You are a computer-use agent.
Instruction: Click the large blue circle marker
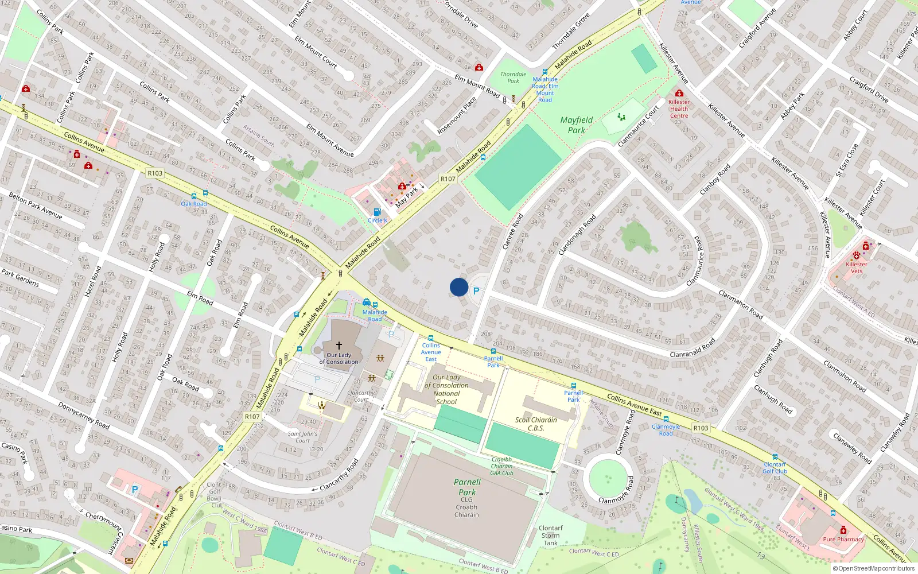[459, 287]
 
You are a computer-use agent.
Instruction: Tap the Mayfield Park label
[577, 125]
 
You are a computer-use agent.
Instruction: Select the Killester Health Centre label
[679, 108]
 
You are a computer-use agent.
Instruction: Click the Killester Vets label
[857, 267]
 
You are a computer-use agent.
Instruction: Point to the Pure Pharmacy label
[843, 539]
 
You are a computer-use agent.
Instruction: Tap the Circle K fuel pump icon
[377, 212]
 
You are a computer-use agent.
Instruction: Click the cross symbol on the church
[339, 346]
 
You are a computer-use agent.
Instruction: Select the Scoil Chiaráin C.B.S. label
[536, 424]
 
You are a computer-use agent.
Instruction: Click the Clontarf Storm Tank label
[551, 536]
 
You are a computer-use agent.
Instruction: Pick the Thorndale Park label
[513, 77]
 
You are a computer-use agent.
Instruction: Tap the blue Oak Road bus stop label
[194, 204]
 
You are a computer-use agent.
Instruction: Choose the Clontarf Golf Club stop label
[775, 468]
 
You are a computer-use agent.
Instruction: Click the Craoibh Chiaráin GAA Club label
[501, 466]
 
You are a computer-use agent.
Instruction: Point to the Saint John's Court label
[302, 437]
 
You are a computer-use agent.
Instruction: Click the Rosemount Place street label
[456, 115]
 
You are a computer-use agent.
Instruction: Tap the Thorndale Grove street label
[570, 31]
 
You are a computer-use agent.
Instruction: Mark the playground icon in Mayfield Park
[621, 117]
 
